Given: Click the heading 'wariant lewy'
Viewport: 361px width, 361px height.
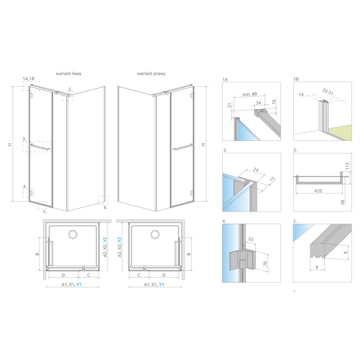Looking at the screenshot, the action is (x=69, y=74).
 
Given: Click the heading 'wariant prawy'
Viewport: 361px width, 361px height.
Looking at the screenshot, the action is (x=151, y=74).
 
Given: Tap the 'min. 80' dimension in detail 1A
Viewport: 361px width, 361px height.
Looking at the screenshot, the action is (x=250, y=94).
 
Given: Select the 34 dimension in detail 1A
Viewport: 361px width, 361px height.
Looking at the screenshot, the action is (x=259, y=103).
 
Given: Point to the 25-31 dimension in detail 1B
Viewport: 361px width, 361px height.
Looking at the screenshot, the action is (x=328, y=92).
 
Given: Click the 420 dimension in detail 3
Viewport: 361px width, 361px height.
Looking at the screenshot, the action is (x=318, y=191).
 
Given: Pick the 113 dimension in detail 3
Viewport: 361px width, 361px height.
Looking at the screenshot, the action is (x=347, y=166).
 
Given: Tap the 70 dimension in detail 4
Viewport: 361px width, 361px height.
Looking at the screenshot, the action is (x=265, y=264).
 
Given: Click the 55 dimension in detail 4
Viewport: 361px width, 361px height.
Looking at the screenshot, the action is (x=251, y=239).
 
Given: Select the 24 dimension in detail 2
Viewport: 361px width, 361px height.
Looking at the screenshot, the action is (x=256, y=169).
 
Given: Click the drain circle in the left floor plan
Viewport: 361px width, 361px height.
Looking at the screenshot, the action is (x=73, y=234).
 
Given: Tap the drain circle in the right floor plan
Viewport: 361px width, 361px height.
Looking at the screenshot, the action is (x=155, y=234).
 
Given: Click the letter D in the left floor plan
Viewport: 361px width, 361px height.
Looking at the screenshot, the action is (x=63, y=275).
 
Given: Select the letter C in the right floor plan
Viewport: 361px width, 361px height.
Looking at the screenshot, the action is (x=138, y=275).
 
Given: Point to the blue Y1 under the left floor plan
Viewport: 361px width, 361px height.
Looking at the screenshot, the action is (x=79, y=285).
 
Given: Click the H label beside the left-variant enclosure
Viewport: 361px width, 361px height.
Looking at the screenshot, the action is (x=10, y=144).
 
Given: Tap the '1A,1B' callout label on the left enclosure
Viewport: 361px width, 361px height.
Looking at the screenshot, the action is (x=29, y=79).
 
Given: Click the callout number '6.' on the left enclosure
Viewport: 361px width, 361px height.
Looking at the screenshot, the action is (x=105, y=207).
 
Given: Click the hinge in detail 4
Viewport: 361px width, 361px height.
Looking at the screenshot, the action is (x=243, y=261).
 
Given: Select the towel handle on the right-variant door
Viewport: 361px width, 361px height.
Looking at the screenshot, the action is (x=183, y=147).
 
